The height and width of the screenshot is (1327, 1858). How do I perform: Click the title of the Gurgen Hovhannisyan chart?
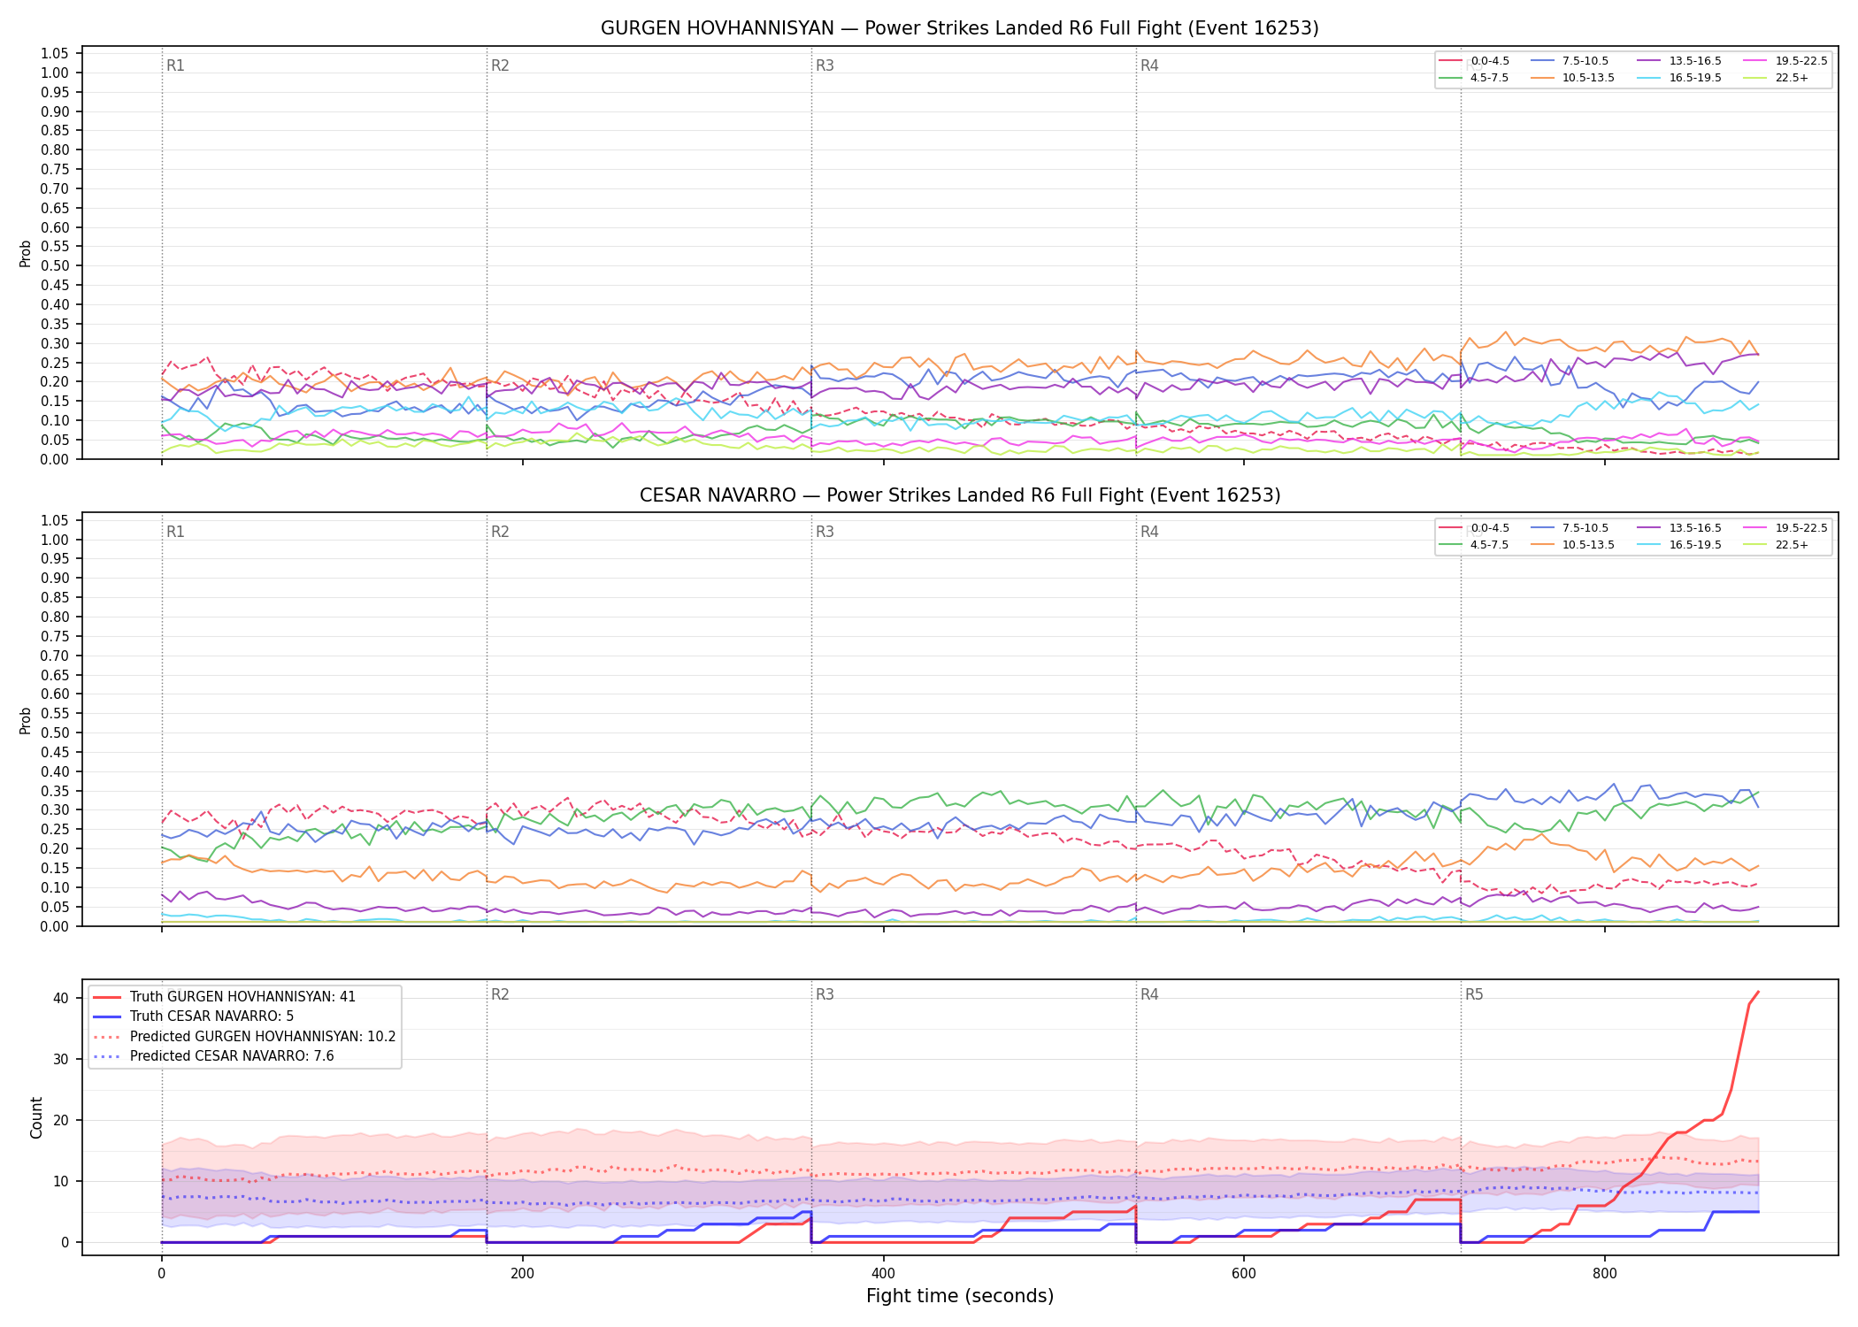point(960,28)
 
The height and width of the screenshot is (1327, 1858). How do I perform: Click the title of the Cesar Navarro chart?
point(960,495)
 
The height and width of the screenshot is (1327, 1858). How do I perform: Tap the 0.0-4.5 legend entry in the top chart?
point(1474,61)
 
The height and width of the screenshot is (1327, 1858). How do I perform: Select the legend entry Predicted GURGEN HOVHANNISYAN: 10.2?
point(244,1036)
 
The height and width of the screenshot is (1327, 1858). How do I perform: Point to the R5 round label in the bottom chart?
point(1474,994)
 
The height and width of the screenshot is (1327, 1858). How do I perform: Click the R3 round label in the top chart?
point(825,65)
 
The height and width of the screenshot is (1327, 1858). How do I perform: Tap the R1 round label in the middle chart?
point(175,532)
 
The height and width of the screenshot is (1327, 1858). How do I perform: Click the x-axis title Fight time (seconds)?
point(960,1296)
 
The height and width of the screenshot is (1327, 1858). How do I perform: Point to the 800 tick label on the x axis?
point(1604,1274)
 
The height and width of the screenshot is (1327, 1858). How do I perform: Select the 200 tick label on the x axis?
point(522,1274)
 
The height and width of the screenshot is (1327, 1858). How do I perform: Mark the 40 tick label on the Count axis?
point(61,998)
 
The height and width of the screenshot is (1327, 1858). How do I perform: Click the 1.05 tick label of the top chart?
point(55,54)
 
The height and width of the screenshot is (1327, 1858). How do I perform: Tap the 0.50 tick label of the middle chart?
point(55,733)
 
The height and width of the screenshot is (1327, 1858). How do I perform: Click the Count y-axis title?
point(36,1117)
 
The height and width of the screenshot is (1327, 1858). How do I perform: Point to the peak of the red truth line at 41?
point(1758,992)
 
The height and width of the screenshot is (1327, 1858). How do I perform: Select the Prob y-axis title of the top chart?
point(26,253)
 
